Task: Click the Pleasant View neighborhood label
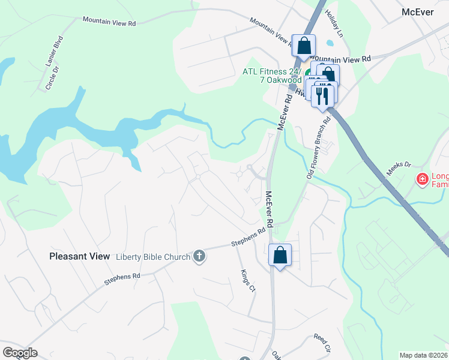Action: pyautogui.click(x=79, y=256)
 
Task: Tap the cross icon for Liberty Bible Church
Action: pyautogui.click(x=200, y=256)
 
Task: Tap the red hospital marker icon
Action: pyautogui.click(x=422, y=178)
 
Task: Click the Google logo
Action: pyautogui.click(x=20, y=353)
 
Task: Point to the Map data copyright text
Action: pyautogui.click(x=424, y=355)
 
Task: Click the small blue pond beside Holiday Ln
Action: pyautogui.click(x=329, y=43)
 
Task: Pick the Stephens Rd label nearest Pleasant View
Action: pyautogui.click(x=122, y=278)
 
